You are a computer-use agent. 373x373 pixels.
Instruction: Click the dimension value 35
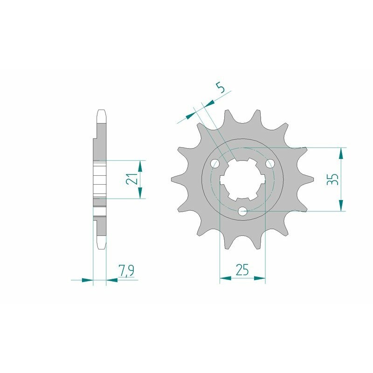coord(332,180)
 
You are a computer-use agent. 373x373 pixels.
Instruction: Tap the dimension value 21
coord(133,180)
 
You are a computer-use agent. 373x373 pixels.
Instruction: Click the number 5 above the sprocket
coord(221,87)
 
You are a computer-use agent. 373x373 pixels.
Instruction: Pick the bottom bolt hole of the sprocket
coord(242,211)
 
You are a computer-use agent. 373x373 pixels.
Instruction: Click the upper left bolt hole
coord(215,164)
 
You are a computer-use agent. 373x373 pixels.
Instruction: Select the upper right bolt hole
coord(269,164)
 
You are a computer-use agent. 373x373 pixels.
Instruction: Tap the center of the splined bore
coord(242,180)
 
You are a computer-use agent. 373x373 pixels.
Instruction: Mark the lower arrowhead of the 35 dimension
coord(342,205)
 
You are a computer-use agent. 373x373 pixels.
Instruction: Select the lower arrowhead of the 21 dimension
coord(140,193)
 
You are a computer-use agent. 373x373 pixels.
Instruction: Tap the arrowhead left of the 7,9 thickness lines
coord(87,280)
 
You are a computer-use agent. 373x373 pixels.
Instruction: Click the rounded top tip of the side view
coord(102,112)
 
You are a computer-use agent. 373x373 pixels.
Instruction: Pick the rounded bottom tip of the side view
coord(102,246)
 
